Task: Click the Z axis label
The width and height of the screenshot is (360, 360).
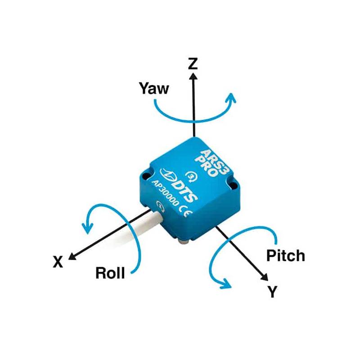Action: [x=193, y=63]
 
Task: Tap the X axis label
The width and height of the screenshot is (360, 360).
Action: [x=58, y=262]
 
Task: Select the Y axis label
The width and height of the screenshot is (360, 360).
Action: [x=272, y=292]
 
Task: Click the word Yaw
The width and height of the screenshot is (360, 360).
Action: [x=155, y=88]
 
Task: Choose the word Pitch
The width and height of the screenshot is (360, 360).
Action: [x=285, y=256]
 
